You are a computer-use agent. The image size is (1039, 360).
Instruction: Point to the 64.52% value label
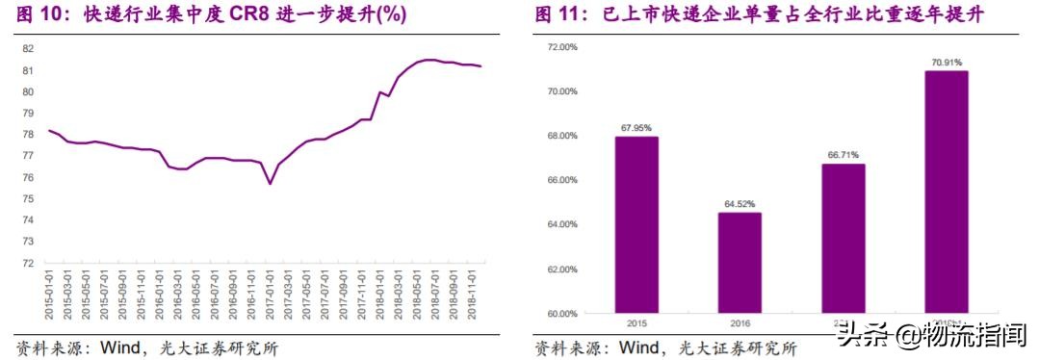click(x=739, y=204)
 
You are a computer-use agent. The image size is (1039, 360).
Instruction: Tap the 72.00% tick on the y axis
click(x=560, y=47)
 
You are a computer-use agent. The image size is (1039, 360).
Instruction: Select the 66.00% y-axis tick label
click(x=560, y=180)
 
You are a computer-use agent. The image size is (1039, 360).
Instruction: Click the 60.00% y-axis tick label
click(x=560, y=314)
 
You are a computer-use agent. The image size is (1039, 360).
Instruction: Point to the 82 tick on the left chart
click(x=28, y=49)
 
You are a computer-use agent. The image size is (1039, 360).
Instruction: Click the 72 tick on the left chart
click(x=28, y=263)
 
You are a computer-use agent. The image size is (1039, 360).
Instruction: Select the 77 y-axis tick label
click(x=28, y=156)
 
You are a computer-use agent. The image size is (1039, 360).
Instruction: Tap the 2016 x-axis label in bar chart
click(x=739, y=323)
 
